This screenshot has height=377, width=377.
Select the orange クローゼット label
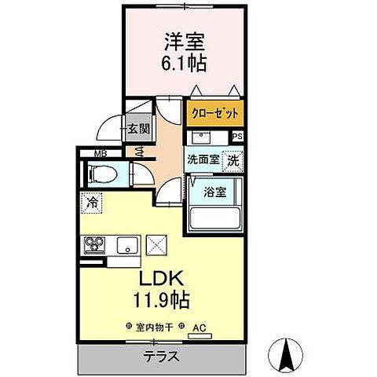click(214, 112)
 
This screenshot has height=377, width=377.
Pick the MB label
click(101, 154)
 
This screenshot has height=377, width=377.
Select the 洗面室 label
click(203, 159)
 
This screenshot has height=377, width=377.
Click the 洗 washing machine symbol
click(233, 159)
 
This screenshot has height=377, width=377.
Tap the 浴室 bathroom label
click(214, 190)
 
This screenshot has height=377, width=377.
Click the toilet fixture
click(102, 174)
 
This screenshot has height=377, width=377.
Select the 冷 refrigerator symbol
click(93, 202)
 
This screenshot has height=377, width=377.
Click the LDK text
click(160, 280)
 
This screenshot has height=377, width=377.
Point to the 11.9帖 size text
click(161, 300)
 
